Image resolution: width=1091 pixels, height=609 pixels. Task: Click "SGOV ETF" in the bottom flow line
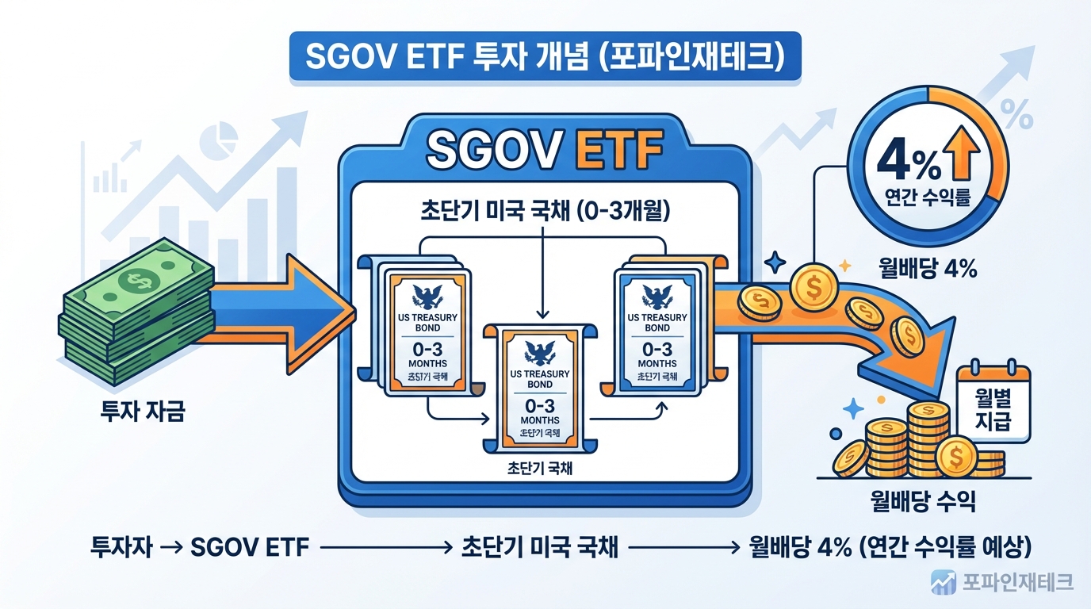(x=250, y=546)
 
